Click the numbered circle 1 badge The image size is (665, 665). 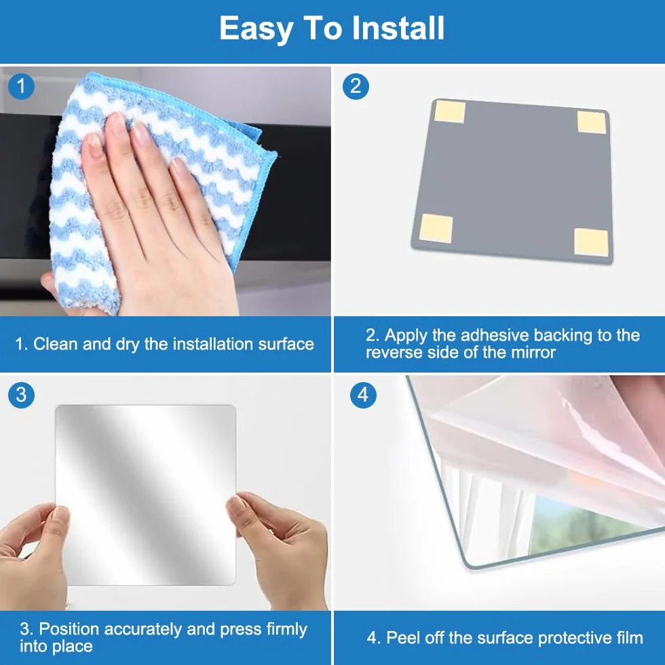tap(21, 87)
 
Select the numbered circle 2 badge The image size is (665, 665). tap(356, 87)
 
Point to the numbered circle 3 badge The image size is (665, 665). tap(21, 395)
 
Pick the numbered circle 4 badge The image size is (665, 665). tap(363, 395)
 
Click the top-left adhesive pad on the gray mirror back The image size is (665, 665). tap(449, 111)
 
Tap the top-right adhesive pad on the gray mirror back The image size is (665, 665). tap(592, 122)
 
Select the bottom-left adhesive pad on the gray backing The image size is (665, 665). tap(436, 228)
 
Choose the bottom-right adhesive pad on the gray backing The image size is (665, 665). tap(592, 242)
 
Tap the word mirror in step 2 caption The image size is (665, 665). tap(533, 352)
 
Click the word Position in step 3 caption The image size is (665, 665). tap(69, 629)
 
